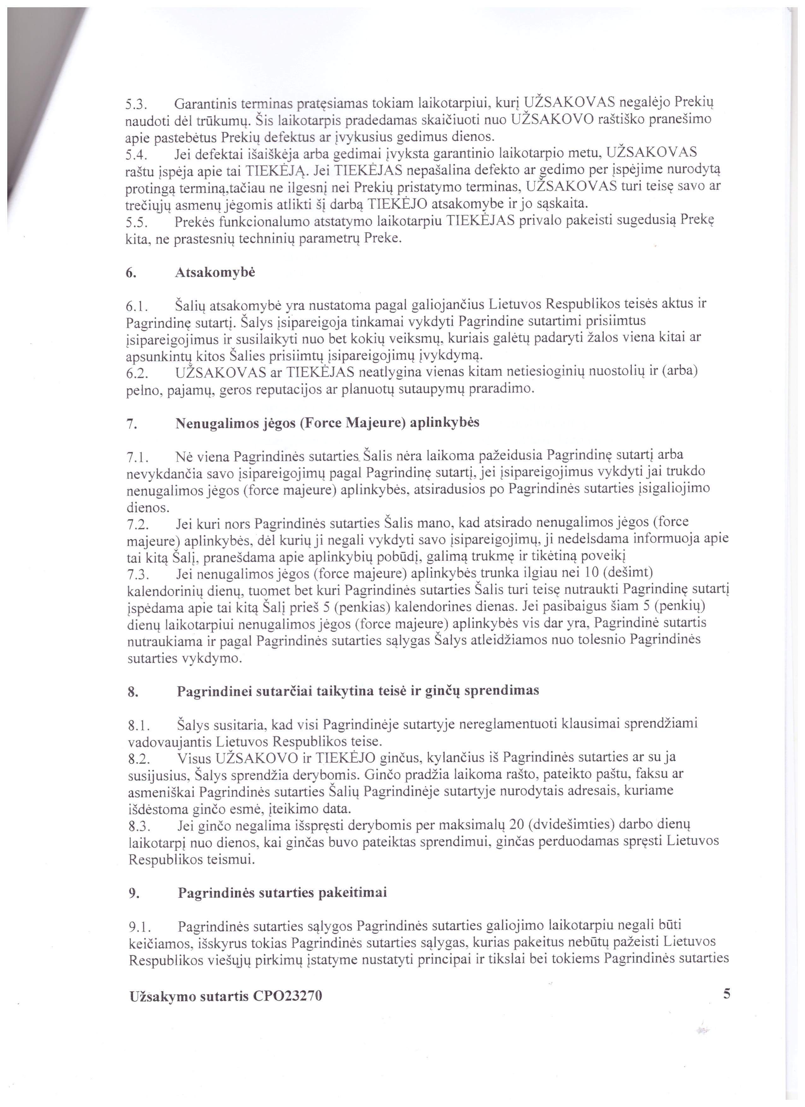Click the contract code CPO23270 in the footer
click(288, 996)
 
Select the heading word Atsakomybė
click(215, 273)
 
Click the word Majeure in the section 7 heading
click(375, 422)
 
